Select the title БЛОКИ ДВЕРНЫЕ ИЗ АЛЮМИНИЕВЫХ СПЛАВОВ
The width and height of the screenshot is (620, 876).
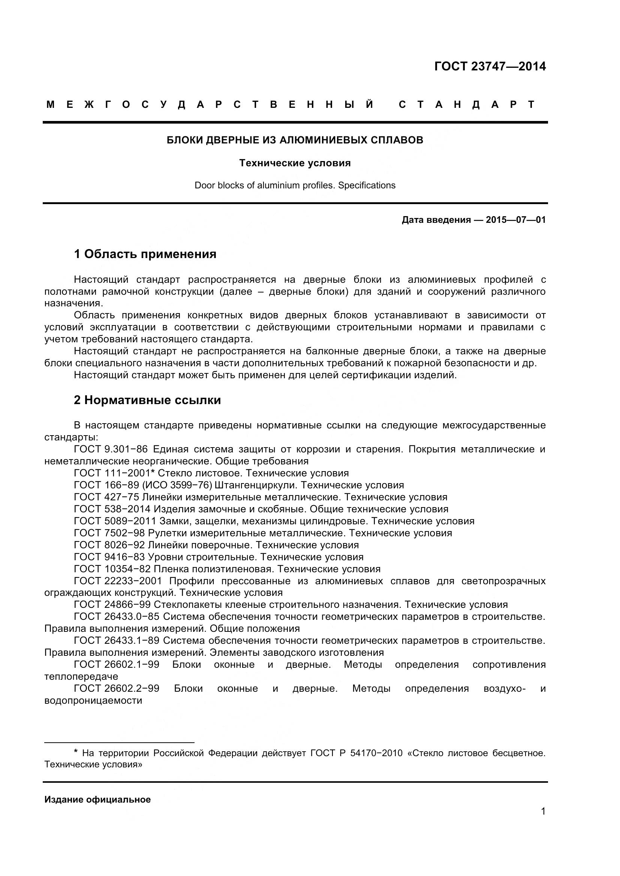[x=295, y=140]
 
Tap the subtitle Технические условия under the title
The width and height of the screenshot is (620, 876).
[x=295, y=163]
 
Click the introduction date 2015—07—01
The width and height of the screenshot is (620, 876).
[x=516, y=220]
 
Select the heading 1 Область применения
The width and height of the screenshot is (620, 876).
[x=145, y=254]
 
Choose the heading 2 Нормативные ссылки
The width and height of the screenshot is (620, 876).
[x=147, y=400]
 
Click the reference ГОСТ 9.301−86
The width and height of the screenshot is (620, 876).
[x=111, y=449]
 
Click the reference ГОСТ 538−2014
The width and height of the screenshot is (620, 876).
[x=112, y=509]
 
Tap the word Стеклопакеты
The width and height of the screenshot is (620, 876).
[x=186, y=604]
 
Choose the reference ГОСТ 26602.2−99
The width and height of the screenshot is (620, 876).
[x=117, y=689]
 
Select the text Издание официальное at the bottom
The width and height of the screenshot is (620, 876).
[x=97, y=800]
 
